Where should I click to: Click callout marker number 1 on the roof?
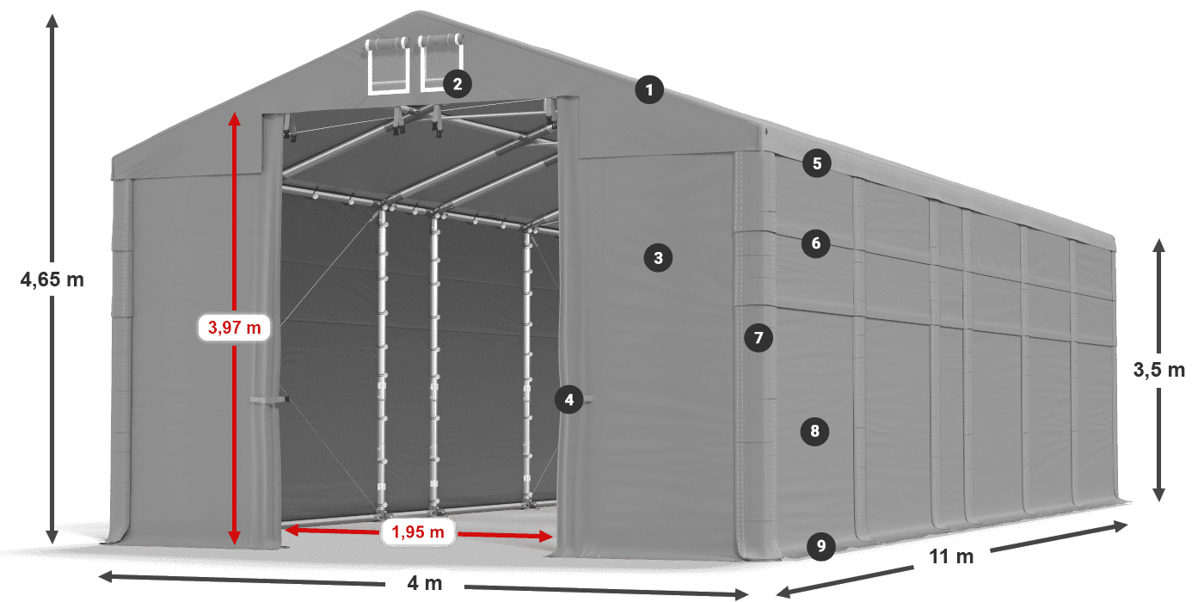(x=650, y=89)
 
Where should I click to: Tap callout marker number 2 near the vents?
(x=458, y=83)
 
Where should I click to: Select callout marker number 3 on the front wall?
(x=658, y=257)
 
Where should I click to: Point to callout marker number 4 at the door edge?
(x=568, y=399)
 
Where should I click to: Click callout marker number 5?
(x=816, y=163)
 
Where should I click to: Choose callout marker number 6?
(x=816, y=244)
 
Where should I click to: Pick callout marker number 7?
(x=758, y=338)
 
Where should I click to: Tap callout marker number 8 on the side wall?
(x=814, y=431)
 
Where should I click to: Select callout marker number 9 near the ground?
(x=821, y=545)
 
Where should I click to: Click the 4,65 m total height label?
(x=52, y=279)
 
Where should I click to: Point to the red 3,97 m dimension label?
(x=234, y=327)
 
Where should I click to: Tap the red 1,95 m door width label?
(x=418, y=533)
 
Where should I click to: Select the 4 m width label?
(x=425, y=584)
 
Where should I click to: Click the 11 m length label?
(x=951, y=557)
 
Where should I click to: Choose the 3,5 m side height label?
(x=1159, y=370)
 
